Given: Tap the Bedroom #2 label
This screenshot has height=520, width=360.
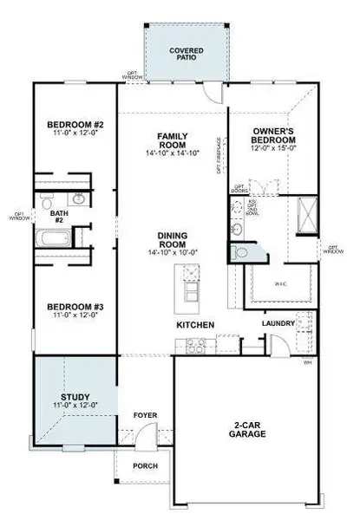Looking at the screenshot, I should pyautogui.click(x=75, y=129).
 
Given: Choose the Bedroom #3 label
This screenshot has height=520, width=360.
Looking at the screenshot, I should pyautogui.click(x=75, y=311).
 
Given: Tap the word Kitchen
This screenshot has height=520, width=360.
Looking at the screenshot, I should pyautogui.click(x=195, y=325).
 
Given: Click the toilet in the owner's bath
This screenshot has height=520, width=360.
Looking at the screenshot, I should pyautogui.click(x=240, y=252).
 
